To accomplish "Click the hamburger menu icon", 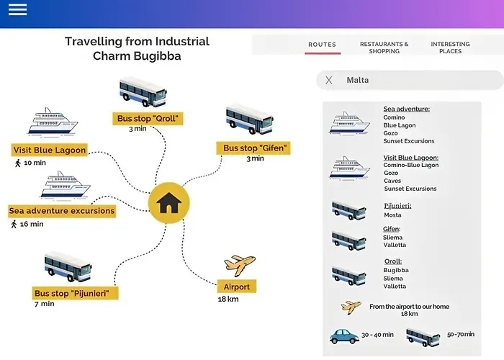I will point(17,10).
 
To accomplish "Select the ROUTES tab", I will point(322,45).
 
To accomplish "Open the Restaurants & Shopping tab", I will point(384,48).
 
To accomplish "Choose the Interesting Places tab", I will point(450,48).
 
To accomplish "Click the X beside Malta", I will point(329,80).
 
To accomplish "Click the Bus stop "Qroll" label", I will point(147,118).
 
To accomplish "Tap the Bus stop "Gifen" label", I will point(256,148).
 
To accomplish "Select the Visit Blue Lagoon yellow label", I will point(50,150).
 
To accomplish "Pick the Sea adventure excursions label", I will point(62,211).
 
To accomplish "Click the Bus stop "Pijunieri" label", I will point(76,293).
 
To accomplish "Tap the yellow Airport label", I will point(236,287).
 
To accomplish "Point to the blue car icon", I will point(344,336).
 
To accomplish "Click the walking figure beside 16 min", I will point(14,224).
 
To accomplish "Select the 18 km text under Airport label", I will point(228,299).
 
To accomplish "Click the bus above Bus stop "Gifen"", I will point(248,120).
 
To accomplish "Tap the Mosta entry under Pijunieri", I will point(392,215).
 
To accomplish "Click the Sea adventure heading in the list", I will point(406,109).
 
